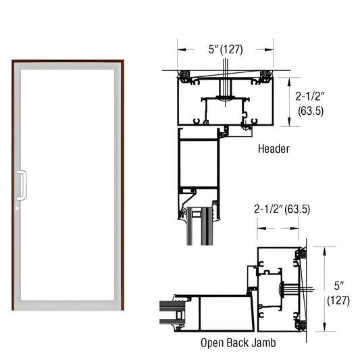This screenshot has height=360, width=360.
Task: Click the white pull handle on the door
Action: point(22,185)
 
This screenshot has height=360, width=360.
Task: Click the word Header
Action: point(274,148)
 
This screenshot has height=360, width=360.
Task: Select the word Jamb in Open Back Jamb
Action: point(260,342)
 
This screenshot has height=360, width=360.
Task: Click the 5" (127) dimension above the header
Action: point(225,49)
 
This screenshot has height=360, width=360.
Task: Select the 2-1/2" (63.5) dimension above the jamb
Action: point(282,209)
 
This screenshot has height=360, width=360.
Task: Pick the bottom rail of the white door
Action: point(67,305)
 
